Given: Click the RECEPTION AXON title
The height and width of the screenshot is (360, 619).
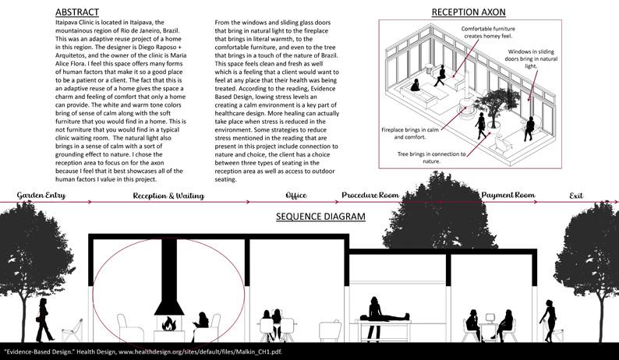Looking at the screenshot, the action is pyautogui.click(x=469, y=12).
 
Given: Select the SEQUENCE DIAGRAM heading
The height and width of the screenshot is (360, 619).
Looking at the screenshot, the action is pyautogui.click(x=320, y=217).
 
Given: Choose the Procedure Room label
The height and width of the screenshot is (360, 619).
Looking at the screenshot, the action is pyautogui.click(x=370, y=196).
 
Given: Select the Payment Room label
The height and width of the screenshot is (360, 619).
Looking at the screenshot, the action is pyautogui.click(x=508, y=196).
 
